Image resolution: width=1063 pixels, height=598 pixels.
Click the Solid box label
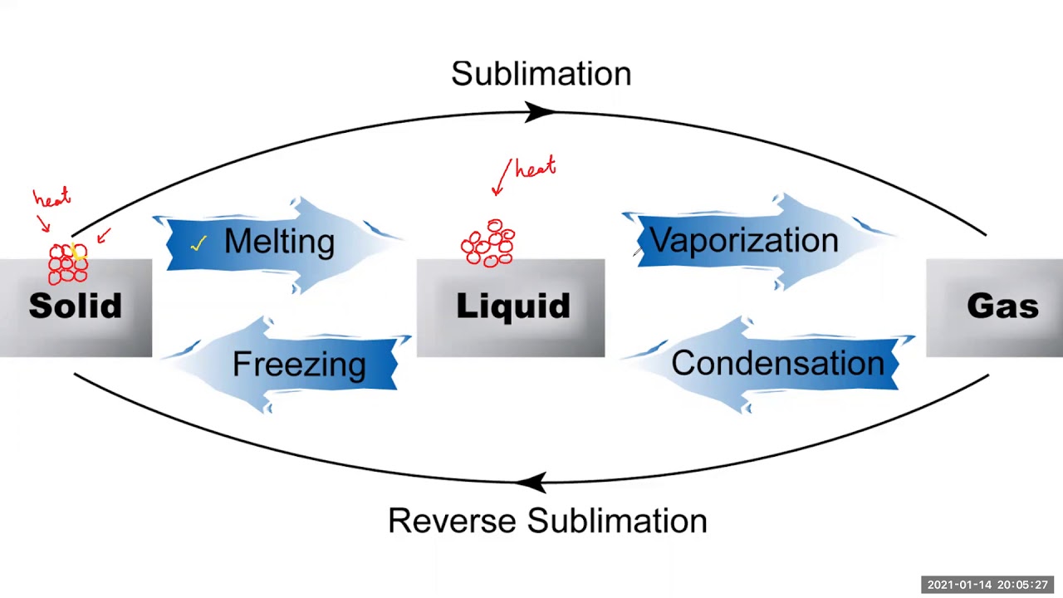coord(75,306)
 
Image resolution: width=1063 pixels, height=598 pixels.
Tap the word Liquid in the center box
coord(512,306)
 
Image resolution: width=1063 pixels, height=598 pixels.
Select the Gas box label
coord(1002,306)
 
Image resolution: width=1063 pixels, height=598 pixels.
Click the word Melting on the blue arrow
coord(279,242)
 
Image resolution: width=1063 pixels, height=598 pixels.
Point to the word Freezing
coord(299,364)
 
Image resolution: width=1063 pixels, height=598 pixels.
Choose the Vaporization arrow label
coord(743,240)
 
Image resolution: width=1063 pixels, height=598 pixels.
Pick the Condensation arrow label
coord(777,363)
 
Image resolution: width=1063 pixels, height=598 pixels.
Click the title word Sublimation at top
coord(541,74)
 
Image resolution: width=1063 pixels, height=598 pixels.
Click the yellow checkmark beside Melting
coord(198,243)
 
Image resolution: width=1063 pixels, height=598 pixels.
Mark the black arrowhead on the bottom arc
coord(531,482)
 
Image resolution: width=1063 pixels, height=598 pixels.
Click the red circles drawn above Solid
coord(67,263)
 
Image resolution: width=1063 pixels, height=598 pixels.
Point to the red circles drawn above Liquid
coord(488,243)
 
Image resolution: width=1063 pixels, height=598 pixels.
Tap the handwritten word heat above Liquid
coord(535,169)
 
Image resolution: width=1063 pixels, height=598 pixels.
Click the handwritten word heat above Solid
coord(51,199)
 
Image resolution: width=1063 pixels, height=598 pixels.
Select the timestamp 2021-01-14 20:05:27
coord(987,585)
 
